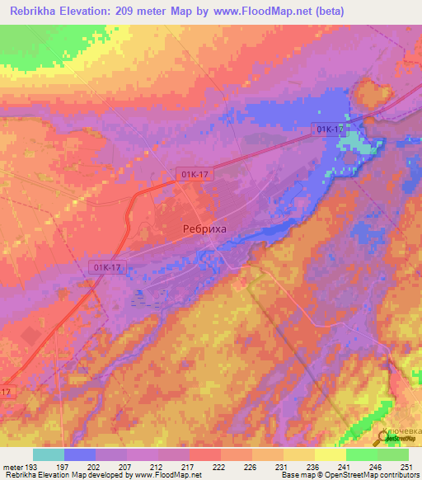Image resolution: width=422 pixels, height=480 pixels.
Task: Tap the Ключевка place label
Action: click(401, 431)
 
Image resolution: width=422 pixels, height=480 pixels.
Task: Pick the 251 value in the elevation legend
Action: click(406, 467)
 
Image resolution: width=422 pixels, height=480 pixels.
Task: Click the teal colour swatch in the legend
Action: click(49, 454)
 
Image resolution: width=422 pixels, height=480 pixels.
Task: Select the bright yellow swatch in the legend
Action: click(330, 454)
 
